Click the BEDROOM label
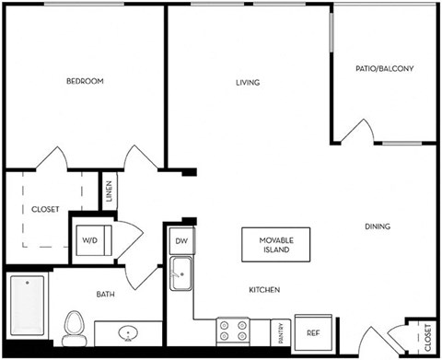85,82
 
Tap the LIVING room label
248,83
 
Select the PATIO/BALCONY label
385,69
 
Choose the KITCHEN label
264,290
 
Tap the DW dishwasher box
180,241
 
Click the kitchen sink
181,273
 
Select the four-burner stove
233,331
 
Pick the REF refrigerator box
312,333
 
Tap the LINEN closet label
109,192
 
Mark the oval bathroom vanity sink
128,333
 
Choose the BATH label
106,295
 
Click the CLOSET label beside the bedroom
45,210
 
